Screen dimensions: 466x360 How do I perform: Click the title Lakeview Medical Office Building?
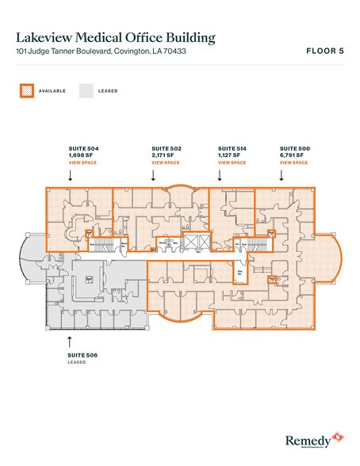click(x=114, y=36)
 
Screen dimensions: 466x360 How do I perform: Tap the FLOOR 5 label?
click(x=324, y=52)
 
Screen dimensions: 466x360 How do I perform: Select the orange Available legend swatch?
click(x=25, y=90)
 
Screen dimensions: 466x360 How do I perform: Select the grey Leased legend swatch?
click(x=86, y=90)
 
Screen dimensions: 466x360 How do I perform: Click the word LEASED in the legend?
click(x=109, y=91)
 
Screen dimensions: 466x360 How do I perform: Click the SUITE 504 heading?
click(x=83, y=148)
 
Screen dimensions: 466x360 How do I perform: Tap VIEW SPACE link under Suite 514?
click(x=232, y=162)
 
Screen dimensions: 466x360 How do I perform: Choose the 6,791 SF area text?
click(x=293, y=155)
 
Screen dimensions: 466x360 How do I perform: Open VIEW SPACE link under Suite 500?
click(x=293, y=162)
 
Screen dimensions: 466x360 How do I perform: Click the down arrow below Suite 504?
click(x=71, y=178)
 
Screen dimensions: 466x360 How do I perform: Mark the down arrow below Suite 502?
click(x=152, y=178)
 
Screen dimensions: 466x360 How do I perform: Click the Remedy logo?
click(x=312, y=437)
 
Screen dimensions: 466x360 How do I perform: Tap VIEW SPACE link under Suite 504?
click(x=82, y=162)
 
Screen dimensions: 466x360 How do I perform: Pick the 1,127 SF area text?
click(x=230, y=155)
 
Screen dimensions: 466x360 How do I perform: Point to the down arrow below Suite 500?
click(x=280, y=178)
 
